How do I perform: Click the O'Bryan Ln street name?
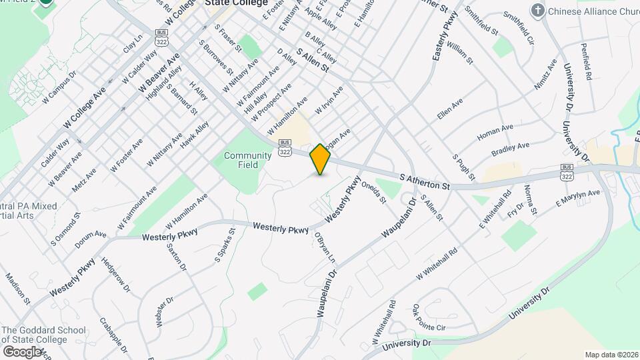click(x=325, y=247)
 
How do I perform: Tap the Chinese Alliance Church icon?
click(x=537, y=11)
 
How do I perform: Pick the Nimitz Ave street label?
click(x=545, y=75)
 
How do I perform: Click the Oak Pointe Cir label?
click(x=428, y=318)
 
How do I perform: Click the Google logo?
click(x=22, y=351)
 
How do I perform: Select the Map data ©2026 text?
click(x=611, y=355)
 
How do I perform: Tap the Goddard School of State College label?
click(x=43, y=335)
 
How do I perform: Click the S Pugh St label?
click(x=463, y=167)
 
